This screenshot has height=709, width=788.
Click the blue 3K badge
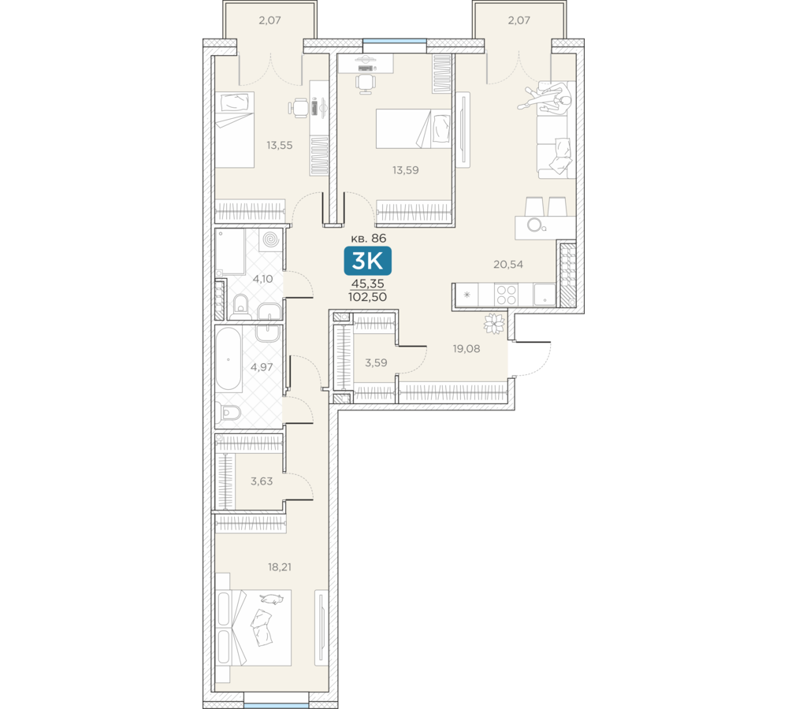click(x=367, y=261)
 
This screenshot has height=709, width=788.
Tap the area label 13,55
click(x=280, y=146)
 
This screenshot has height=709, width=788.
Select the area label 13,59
click(x=406, y=170)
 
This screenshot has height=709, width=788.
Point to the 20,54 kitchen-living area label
click(x=508, y=265)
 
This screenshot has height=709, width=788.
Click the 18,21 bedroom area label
click(x=280, y=567)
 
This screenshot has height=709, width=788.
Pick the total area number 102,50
click(x=367, y=297)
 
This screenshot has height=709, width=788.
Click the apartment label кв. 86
click(x=368, y=238)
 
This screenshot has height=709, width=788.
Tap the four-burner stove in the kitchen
click(x=506, y=295)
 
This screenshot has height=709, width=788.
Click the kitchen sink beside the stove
click(x=545, y=295)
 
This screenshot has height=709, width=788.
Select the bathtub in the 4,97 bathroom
click(x=229, y=358)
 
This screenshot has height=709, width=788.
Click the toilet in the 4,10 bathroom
click(x=242, y=306)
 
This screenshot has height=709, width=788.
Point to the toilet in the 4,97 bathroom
click(x=229, y=413)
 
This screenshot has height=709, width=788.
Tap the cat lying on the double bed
click(x=272, y=599)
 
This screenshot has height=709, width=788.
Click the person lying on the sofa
click(x=548, y=99)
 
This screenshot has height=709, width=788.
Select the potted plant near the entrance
click(x=494, y=324)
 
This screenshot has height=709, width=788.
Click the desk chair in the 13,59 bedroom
click(x=366, y=83)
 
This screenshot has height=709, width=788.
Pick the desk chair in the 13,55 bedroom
click(x=299, y=108)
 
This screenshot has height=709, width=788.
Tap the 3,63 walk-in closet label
click(x=262, y=481)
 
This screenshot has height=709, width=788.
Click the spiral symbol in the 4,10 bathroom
click(x=270, y=239)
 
